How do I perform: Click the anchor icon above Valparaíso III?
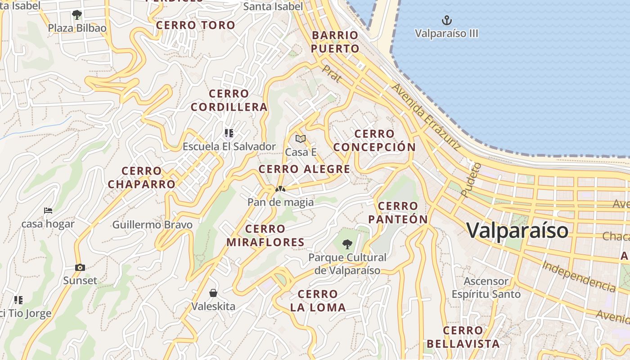(446, 20)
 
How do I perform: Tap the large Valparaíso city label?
(517, 230)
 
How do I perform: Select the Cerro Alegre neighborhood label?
(304, 169)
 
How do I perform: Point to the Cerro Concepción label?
(374, 140)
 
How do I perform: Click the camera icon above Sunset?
(80, 267)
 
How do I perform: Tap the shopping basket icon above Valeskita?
(213, 293)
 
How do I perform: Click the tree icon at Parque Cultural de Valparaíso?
(347, 244)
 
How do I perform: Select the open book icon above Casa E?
(301, 139)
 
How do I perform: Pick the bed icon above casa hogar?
(48, 210)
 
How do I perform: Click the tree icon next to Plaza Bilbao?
(77, 15)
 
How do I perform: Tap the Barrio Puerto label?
(335, 42)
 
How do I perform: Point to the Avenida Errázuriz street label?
(426, 116)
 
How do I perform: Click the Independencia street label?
(578, 276)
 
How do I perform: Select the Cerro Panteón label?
(398, 212)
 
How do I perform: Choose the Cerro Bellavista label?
(463, 337)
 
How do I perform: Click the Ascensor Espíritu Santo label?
(486, 288)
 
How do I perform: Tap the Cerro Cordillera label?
(229, 100)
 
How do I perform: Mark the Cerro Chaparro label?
(141, 177)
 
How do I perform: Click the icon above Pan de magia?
(280, 189)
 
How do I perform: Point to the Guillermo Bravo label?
(152, 225)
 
